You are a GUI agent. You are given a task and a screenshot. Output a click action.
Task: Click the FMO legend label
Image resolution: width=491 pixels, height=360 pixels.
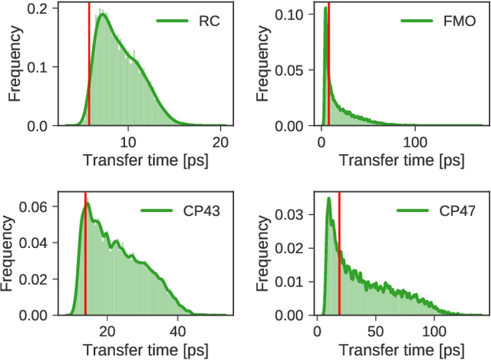(x=459, y=21)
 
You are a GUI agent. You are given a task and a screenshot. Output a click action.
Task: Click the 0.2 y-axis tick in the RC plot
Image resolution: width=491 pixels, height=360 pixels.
(x=36, y=8)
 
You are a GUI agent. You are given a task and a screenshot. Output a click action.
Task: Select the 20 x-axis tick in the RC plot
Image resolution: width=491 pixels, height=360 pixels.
(x=221, y=141)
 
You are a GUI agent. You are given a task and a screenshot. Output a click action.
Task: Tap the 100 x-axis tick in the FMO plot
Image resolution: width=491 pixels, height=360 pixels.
(x=415, y=141)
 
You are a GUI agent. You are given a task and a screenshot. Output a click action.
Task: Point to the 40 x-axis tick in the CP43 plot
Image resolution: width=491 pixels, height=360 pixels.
(x=177, y=331)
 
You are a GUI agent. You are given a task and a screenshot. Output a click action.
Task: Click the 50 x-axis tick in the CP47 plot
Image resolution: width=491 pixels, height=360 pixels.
(x=375, y=331)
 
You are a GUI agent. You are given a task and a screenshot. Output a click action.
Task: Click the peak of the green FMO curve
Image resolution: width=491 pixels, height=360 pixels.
(x=325, y=9)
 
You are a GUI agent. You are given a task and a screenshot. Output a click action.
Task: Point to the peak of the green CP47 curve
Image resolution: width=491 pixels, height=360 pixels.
(x=328, y=199)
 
